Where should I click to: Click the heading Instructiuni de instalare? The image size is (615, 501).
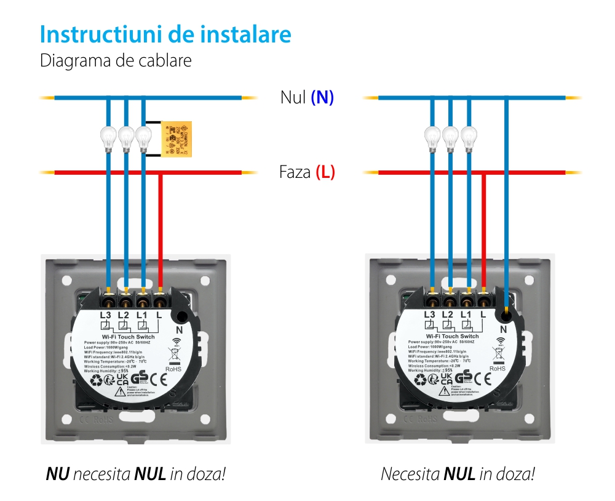(x=165, y=34)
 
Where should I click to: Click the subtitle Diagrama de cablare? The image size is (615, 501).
(x=116, y=62)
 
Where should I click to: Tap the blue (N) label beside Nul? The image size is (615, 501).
(x=322, y=97)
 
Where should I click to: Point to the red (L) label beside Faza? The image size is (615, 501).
(x=325, y=172)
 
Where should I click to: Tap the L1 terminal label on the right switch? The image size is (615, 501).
(x=466, y=315)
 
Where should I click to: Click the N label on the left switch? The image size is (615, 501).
(x=180, y=329)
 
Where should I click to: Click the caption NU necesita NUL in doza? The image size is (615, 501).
(x=135, y=475)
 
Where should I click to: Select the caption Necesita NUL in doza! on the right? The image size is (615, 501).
(x=458, y=475)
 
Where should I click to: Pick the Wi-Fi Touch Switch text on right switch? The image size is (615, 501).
(x=453, y=336)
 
